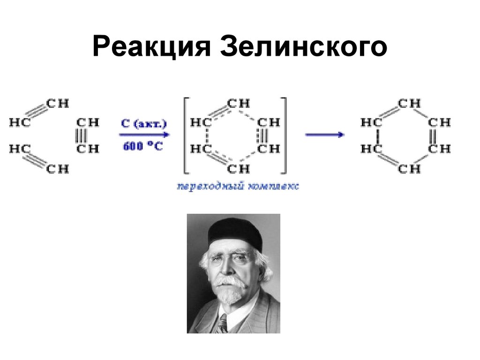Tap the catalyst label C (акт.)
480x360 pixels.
point(144,124)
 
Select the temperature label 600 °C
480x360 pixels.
point(143,146)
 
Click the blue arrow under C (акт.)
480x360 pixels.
point(144,135)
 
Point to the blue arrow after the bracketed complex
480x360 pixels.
point(324,135)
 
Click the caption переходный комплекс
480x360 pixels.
point(238,187)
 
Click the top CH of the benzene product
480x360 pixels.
point(409,104)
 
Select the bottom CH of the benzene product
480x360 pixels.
point(409,168)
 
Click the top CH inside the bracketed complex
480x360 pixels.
point(238,104)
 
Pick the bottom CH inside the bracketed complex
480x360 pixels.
point(238,168)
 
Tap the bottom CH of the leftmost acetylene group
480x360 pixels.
point(58,168)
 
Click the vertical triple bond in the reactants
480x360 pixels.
point(87,136)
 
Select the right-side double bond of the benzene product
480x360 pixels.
point(439,136)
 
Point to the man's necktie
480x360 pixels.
point(222,323)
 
